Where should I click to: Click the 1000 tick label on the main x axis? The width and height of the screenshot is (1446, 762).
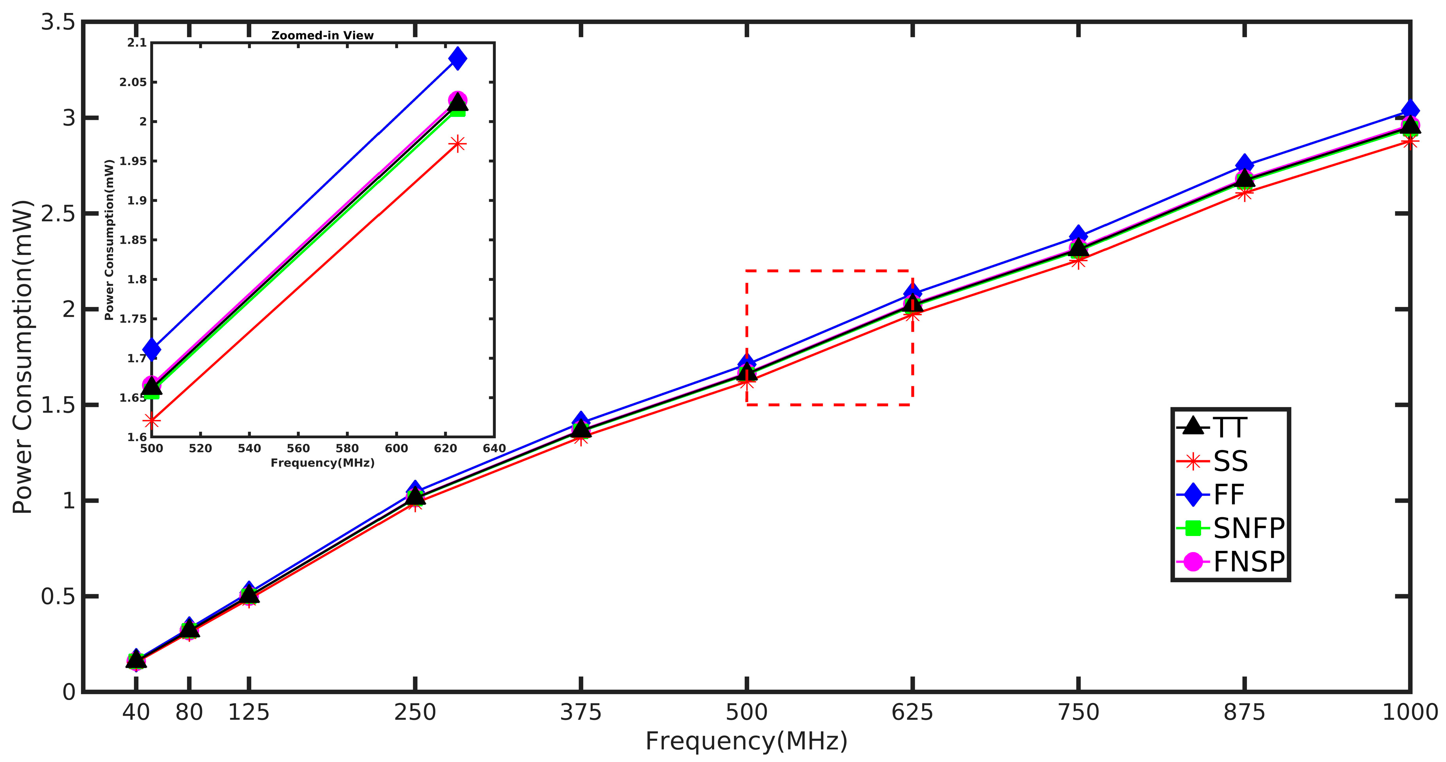[x=1409, y=713]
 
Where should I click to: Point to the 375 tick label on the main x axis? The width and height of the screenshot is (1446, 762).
[x=580, y=713]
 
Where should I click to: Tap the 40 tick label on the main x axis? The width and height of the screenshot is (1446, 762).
[x=136, y=713]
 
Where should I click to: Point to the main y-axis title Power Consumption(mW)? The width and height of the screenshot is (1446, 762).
[x=22, y=357]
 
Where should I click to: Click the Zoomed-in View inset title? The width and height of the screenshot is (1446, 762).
[x=323, y=35]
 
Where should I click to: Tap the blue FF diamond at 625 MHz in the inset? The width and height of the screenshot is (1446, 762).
[x=457, y=58]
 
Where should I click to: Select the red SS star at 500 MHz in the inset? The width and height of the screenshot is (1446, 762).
[x=151, y=420]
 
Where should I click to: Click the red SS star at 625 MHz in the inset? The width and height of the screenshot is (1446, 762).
[x=457, y=144]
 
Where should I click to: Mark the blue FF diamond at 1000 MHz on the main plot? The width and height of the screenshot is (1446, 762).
[x=1409, y=110]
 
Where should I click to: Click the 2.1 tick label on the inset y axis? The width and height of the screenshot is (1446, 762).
[x=136, y=43]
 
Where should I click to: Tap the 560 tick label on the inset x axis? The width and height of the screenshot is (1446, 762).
[x=298, y=448]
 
